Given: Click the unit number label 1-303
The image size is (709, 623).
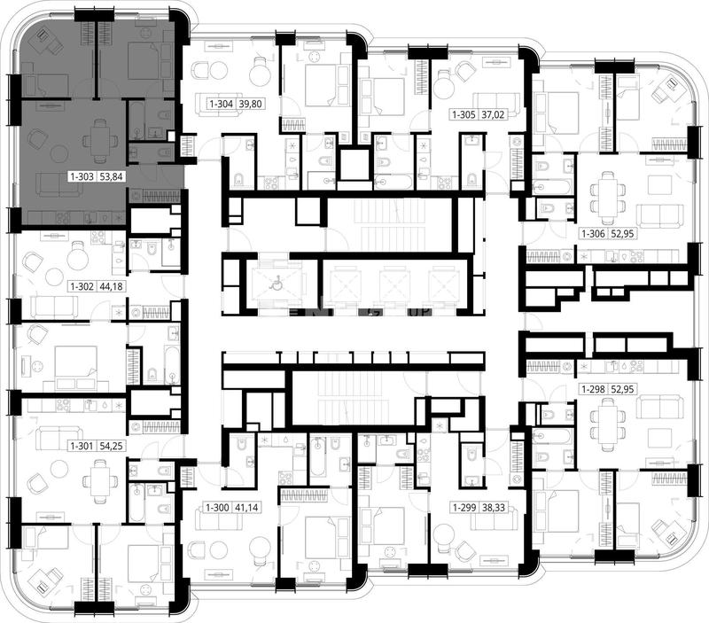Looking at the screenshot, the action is click(82, 176).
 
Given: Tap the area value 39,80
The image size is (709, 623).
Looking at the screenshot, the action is click(250, 104).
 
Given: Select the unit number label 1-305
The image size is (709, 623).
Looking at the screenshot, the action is click(464, 115).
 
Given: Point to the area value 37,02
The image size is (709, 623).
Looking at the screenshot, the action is click(493, 115).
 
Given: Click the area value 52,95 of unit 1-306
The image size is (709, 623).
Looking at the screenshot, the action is click(623, 234).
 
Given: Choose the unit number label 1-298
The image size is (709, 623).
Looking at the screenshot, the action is click(594, 389).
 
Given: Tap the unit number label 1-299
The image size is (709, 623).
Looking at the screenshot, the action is click(464, 508).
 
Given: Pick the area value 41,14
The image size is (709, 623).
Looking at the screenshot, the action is click(246, 508).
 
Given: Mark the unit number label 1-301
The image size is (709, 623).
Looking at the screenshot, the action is click(82, 447).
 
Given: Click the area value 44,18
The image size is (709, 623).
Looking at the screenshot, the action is click(111, 286).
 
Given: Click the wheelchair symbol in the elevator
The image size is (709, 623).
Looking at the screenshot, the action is click(274, 284).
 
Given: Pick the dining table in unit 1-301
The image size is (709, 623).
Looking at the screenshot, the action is click(99, 481).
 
